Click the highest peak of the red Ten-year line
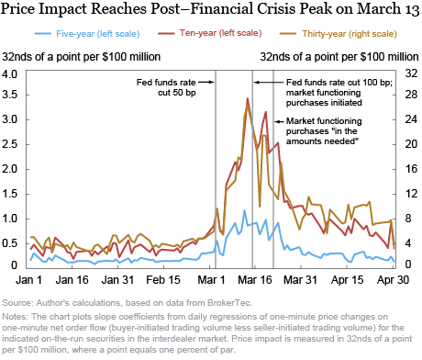247,98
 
